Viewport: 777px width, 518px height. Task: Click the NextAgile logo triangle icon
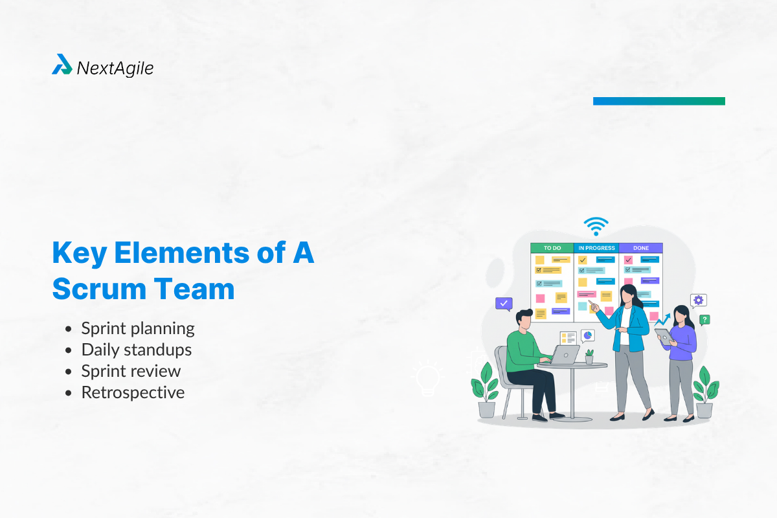(x=62, y=65)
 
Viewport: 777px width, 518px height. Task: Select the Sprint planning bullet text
(x=138, y=328)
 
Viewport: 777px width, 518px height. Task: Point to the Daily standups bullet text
(x=136, y=350)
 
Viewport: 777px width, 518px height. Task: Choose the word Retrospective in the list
(x=133, y=392)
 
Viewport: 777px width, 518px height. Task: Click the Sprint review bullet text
(x=131, y=371)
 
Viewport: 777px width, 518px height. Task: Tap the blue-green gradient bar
(x=659, y=101)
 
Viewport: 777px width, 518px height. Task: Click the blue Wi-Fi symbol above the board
(x=595, y=226)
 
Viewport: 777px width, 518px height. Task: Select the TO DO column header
(x=552, y=248)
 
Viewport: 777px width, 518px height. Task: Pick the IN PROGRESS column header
(x=596, y=248)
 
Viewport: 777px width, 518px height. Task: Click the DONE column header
(x=640, y=248)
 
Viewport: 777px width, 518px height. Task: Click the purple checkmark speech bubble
(x=504, y=303)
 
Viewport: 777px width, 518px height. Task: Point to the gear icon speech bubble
(x=698, y=300)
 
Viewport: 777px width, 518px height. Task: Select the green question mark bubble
(x=704, y=319)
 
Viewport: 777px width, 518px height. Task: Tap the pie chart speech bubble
(x=587, y=335)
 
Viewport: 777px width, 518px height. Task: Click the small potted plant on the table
(x=589, y=357)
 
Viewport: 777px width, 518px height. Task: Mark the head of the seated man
(x=524, y=319)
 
